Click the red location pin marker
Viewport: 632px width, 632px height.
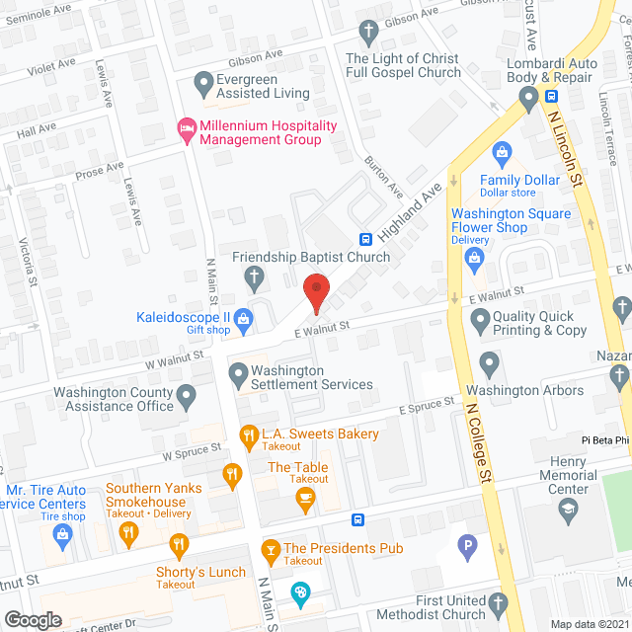316,288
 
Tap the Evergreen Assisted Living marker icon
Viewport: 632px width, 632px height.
204,82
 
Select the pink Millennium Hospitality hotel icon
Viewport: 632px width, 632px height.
185,128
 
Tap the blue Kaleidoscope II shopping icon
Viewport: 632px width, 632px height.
244,318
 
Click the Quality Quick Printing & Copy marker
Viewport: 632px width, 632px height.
481,318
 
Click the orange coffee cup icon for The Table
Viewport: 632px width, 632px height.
306,497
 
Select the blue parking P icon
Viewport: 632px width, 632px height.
467,543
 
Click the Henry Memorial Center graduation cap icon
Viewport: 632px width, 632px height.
568,510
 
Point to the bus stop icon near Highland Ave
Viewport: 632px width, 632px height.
365,239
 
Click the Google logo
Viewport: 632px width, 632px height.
33,619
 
